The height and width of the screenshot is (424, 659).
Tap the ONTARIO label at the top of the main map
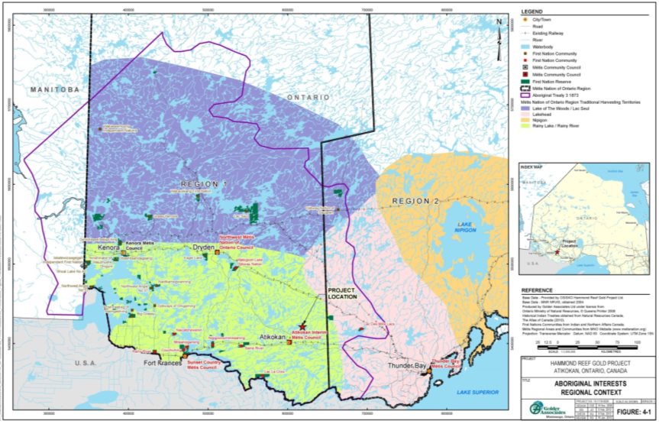click(309, 98)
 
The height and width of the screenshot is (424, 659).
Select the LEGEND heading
click(531, 12)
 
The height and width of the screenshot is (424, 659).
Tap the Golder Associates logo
click(542, 406)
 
